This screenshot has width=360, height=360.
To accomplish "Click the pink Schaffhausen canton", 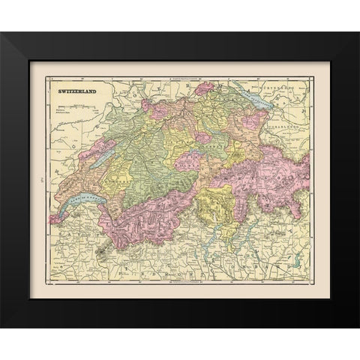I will pyautogui.click(x=204, y=89).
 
